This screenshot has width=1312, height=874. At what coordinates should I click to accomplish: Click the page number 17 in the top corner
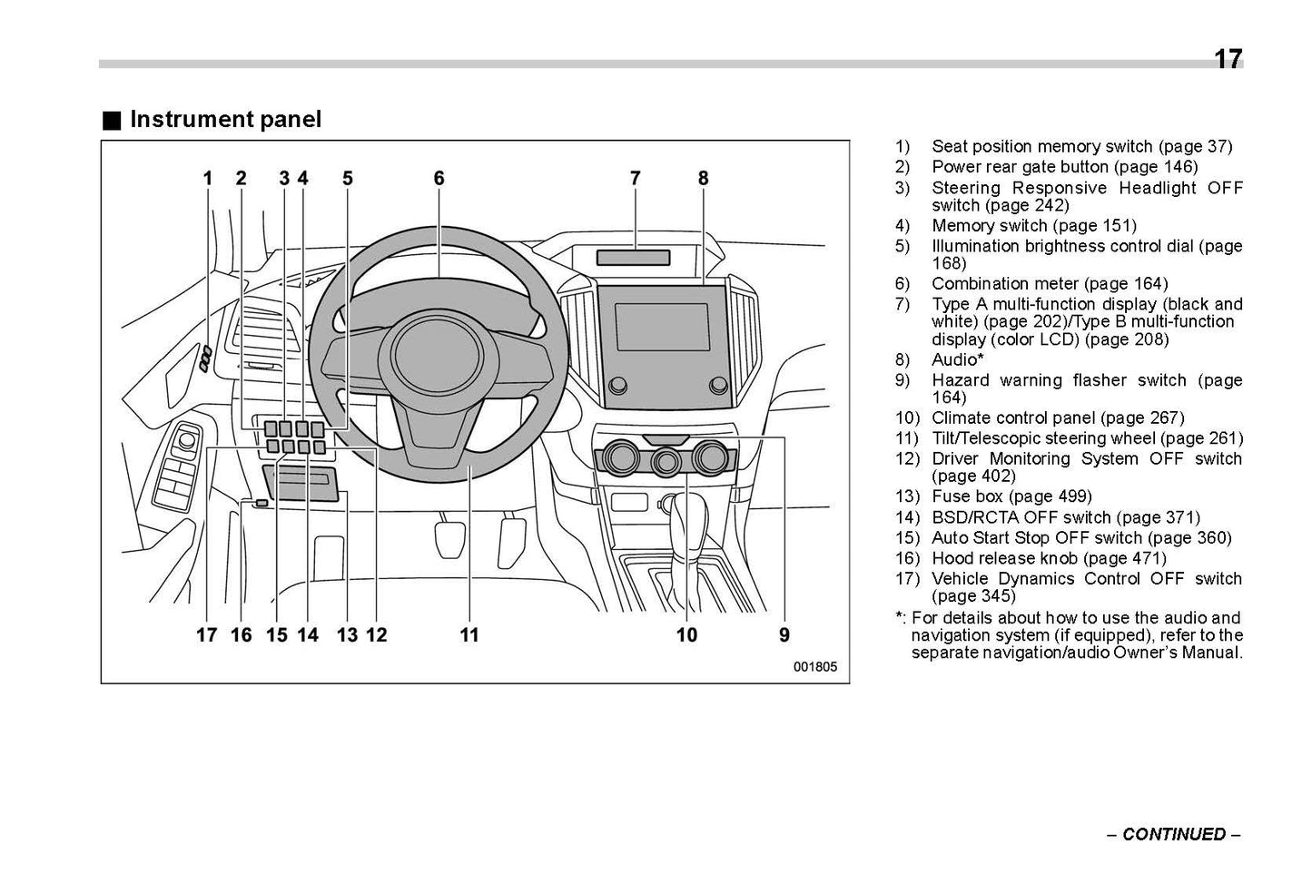tap(1227, 60)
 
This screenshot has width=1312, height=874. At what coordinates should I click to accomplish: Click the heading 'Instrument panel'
tap(225, 120)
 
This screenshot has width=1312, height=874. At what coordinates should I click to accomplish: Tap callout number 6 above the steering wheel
tap(439, 179)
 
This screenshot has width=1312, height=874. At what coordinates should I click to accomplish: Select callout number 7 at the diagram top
tap(635, 179)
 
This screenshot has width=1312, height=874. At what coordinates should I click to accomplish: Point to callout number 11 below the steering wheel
tap(469, 635)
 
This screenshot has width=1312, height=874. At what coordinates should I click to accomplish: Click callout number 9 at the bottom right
tap(784, 635)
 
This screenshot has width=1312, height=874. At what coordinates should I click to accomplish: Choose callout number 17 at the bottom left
tap(207, 635)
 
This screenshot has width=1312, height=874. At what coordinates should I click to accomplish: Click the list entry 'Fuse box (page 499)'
tap(1011, 496)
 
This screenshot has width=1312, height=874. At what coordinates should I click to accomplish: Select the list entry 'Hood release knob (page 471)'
tap(1049, 558)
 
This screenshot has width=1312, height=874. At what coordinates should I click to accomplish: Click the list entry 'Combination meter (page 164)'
tap(1050, 284)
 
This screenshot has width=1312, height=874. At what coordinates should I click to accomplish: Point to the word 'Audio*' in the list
tap(957, 359)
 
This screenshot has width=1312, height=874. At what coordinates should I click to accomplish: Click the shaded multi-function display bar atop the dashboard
tap(633, 258)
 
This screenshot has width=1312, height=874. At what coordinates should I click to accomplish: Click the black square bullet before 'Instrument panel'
tap(111, 121)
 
